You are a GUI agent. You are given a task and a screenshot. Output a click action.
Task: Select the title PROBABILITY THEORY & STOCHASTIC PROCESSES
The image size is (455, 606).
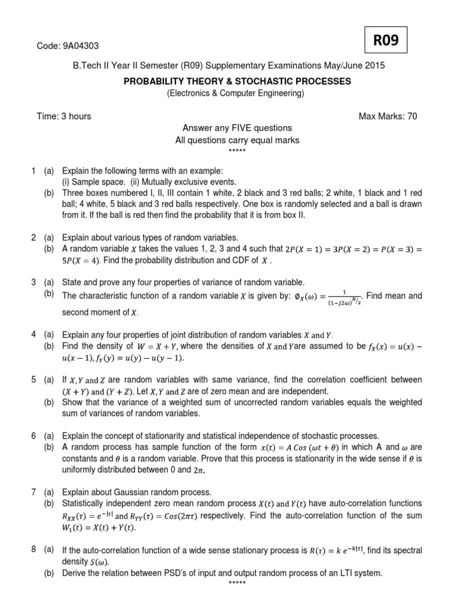[237, 81]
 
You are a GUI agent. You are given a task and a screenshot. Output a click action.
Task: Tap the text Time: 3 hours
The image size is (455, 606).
[64, 116]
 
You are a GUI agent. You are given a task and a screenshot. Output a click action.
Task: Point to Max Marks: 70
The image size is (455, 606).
[388, 116]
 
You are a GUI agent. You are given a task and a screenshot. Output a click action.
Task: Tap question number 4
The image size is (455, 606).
[34, 334]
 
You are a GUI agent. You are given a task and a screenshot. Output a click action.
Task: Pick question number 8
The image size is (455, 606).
[34, 550]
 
